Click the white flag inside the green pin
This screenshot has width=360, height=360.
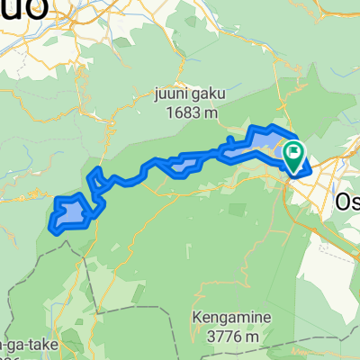tap(294, 152)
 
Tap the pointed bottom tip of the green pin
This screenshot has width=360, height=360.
tap(294, 171)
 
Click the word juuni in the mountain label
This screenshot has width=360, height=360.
tap(171, 92)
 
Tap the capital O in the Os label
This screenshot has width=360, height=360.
tap(341, 199)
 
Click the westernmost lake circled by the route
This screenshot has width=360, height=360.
tap(72, 214)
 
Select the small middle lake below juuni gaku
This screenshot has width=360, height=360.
tap(184, 164)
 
